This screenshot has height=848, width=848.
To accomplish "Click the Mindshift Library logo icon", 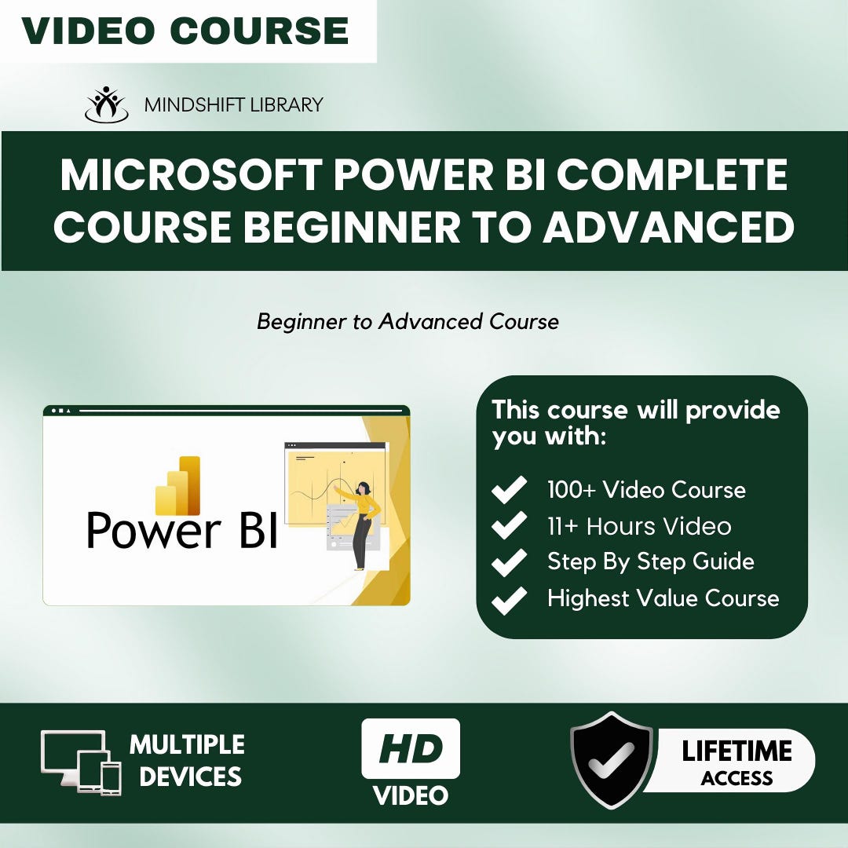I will (x=106, y=104).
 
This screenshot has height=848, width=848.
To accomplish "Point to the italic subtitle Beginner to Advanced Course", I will (x=408, y=322).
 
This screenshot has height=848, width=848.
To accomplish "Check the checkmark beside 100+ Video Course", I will (x=509, y=491).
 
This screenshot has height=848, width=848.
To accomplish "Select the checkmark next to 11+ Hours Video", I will (x=509, y=526).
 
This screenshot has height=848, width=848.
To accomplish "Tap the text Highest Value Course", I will (x=663, y=598).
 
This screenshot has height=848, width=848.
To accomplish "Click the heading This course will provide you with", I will (x=635, y=422).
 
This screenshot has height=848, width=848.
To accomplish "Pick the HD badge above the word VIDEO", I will (x=410, y=748).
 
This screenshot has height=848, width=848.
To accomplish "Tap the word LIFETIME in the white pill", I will (x=737, y=751).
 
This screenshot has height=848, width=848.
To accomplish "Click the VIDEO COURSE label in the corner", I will (x=185, y=31).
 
